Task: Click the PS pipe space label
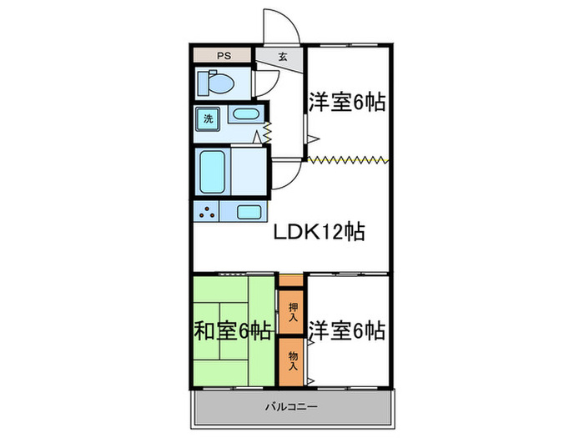[x=223, y=56]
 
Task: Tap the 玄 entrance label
[x=283, y=57]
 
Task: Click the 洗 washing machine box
[x=209, y=118]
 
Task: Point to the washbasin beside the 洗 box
[x=245, y=115]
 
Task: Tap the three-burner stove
[x=207, y=211]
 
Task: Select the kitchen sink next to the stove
[x=248, y=211]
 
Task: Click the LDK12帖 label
[x=320, y=234]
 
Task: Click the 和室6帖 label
[x=234, y=331]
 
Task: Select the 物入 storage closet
[x=291, y=360]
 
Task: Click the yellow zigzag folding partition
[x=347, y=159]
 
